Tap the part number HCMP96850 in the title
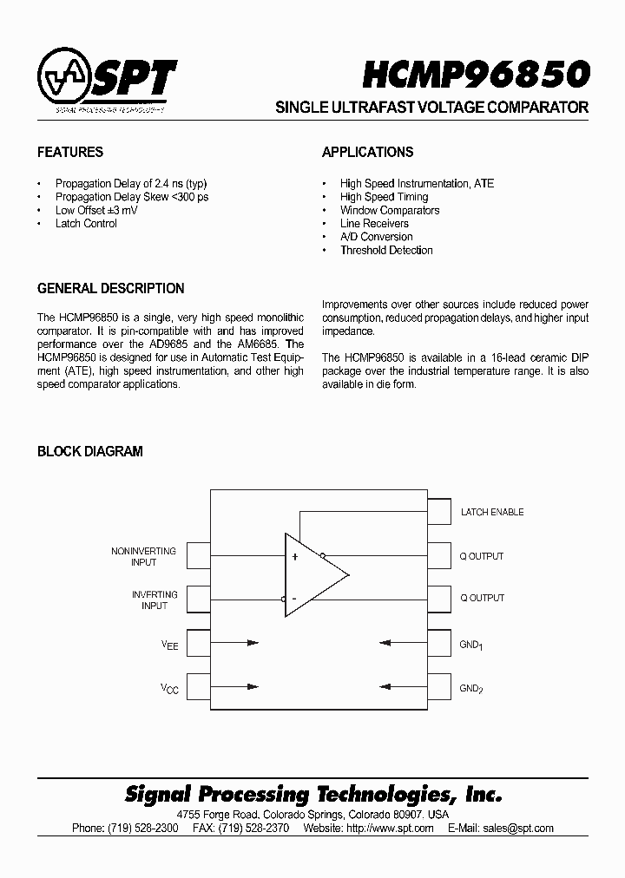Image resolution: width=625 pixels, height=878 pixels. pyautogui.click(x=477, y=75)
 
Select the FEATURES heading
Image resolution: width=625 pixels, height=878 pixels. pyautogui.click(x=70, y=152)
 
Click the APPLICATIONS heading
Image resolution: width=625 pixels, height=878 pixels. pyautogui.click(x=367, y=152)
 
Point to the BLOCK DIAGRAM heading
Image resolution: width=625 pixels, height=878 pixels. pyautogui.click(x=89, y=451)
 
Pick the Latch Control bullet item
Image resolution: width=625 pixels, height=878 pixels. pyautogui.click(x=86, y=224)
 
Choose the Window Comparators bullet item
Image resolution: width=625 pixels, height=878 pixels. pyautogui.click(x=390, y=211)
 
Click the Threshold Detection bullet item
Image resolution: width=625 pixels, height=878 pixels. pyautogui.click(x=386, y=251)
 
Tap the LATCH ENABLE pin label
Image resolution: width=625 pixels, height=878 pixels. pyautogui.click(x=492, y=513)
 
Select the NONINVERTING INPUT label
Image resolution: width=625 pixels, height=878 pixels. pyautogui.click(x=143, y=556)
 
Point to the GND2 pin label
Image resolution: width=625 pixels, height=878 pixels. pyautogui.click(x=471, y=689)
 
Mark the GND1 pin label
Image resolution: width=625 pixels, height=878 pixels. pyautogui.click(x=471, y=645)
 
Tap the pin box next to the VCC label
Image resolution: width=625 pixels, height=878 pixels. pyautogui.click(x=199, y=687)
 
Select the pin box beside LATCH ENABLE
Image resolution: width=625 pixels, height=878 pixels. pyautogui.click(x=439, y=512)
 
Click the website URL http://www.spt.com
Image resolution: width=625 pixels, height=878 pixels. pyautogui.click(x=390, y=829)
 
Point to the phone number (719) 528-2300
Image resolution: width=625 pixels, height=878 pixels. pyautogui.click(x=143, y=829)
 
